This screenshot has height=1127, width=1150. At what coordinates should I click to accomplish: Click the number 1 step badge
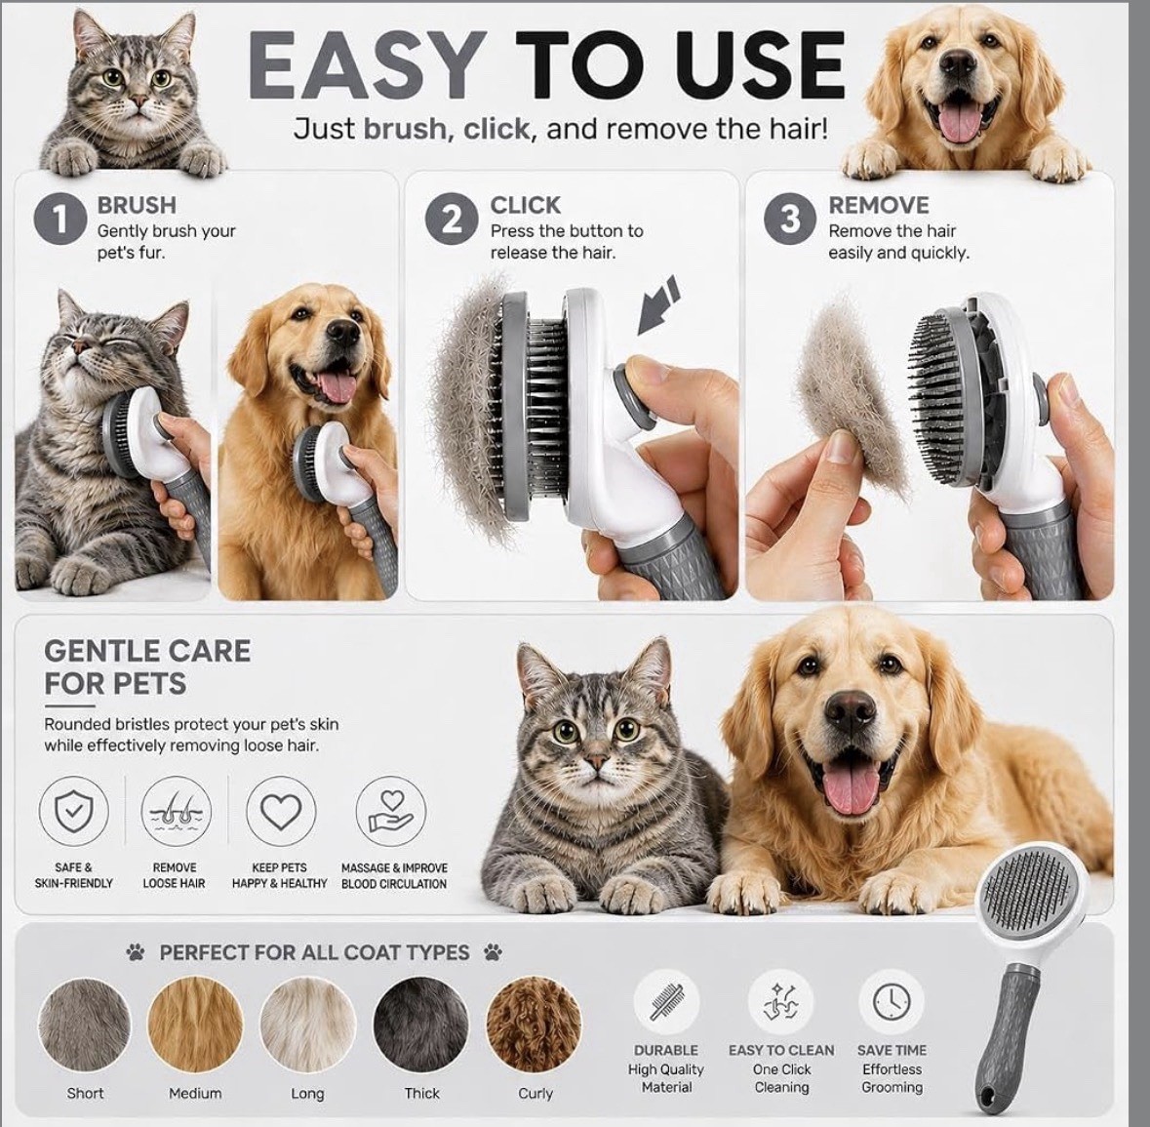point(60,219)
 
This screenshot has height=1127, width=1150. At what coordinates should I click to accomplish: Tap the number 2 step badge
point(453,219)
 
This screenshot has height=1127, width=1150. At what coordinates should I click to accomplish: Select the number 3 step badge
point(790,219)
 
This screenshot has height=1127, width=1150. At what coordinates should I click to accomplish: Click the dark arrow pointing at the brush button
point(656,305)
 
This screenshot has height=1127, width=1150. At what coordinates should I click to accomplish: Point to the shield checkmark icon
point(73,811)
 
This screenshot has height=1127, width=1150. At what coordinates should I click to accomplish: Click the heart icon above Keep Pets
point(281,811)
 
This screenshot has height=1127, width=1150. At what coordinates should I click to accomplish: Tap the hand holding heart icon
point(391,811)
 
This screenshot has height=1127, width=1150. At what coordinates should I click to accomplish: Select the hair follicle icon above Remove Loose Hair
point(176,811)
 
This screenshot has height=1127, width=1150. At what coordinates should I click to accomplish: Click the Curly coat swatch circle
point(534,1023)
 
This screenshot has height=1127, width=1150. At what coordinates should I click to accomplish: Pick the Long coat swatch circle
point(307,1023)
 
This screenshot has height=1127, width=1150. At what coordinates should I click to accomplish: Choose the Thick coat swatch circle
point(421,1023)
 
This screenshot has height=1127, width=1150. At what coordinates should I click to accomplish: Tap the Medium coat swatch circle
point(195,1023)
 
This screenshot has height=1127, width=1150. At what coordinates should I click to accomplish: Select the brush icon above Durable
point(666,1002)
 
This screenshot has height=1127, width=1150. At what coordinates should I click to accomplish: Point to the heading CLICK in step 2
point(525,205)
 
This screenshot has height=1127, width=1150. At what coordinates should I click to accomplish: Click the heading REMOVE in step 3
point(879,205)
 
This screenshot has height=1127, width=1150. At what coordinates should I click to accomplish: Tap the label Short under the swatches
point(85,1093)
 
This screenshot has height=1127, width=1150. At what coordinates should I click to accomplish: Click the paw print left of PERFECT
point(135,952)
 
